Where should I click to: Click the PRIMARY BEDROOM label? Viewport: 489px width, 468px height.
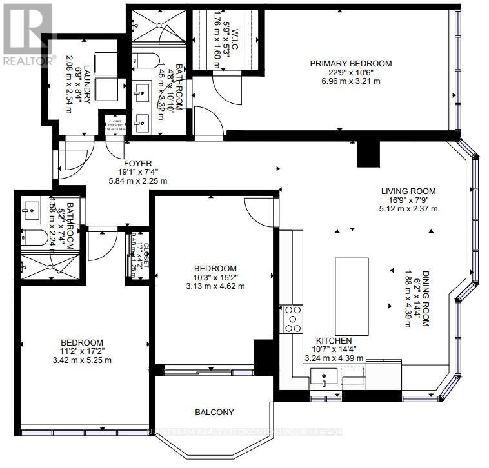click(x=350, y=63)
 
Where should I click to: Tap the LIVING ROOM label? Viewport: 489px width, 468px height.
click(x=408, y=191)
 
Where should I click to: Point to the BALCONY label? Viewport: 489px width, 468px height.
click(x=214, y=412)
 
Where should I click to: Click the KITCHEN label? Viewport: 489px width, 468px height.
click(x=334, y=340)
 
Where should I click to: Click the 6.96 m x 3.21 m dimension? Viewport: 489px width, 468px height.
click(x=350, y=81)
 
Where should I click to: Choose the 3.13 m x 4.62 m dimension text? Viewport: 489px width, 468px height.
click(x=215, y=286)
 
